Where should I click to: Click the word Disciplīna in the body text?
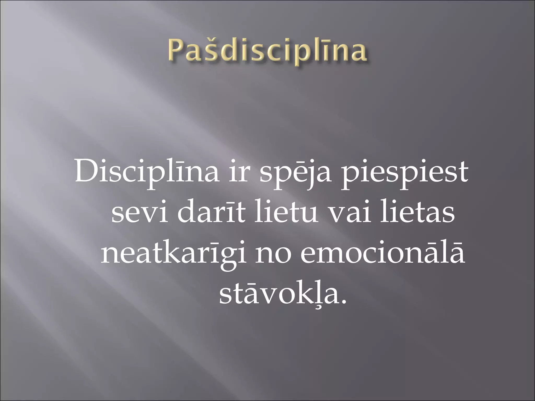point(147,173)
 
